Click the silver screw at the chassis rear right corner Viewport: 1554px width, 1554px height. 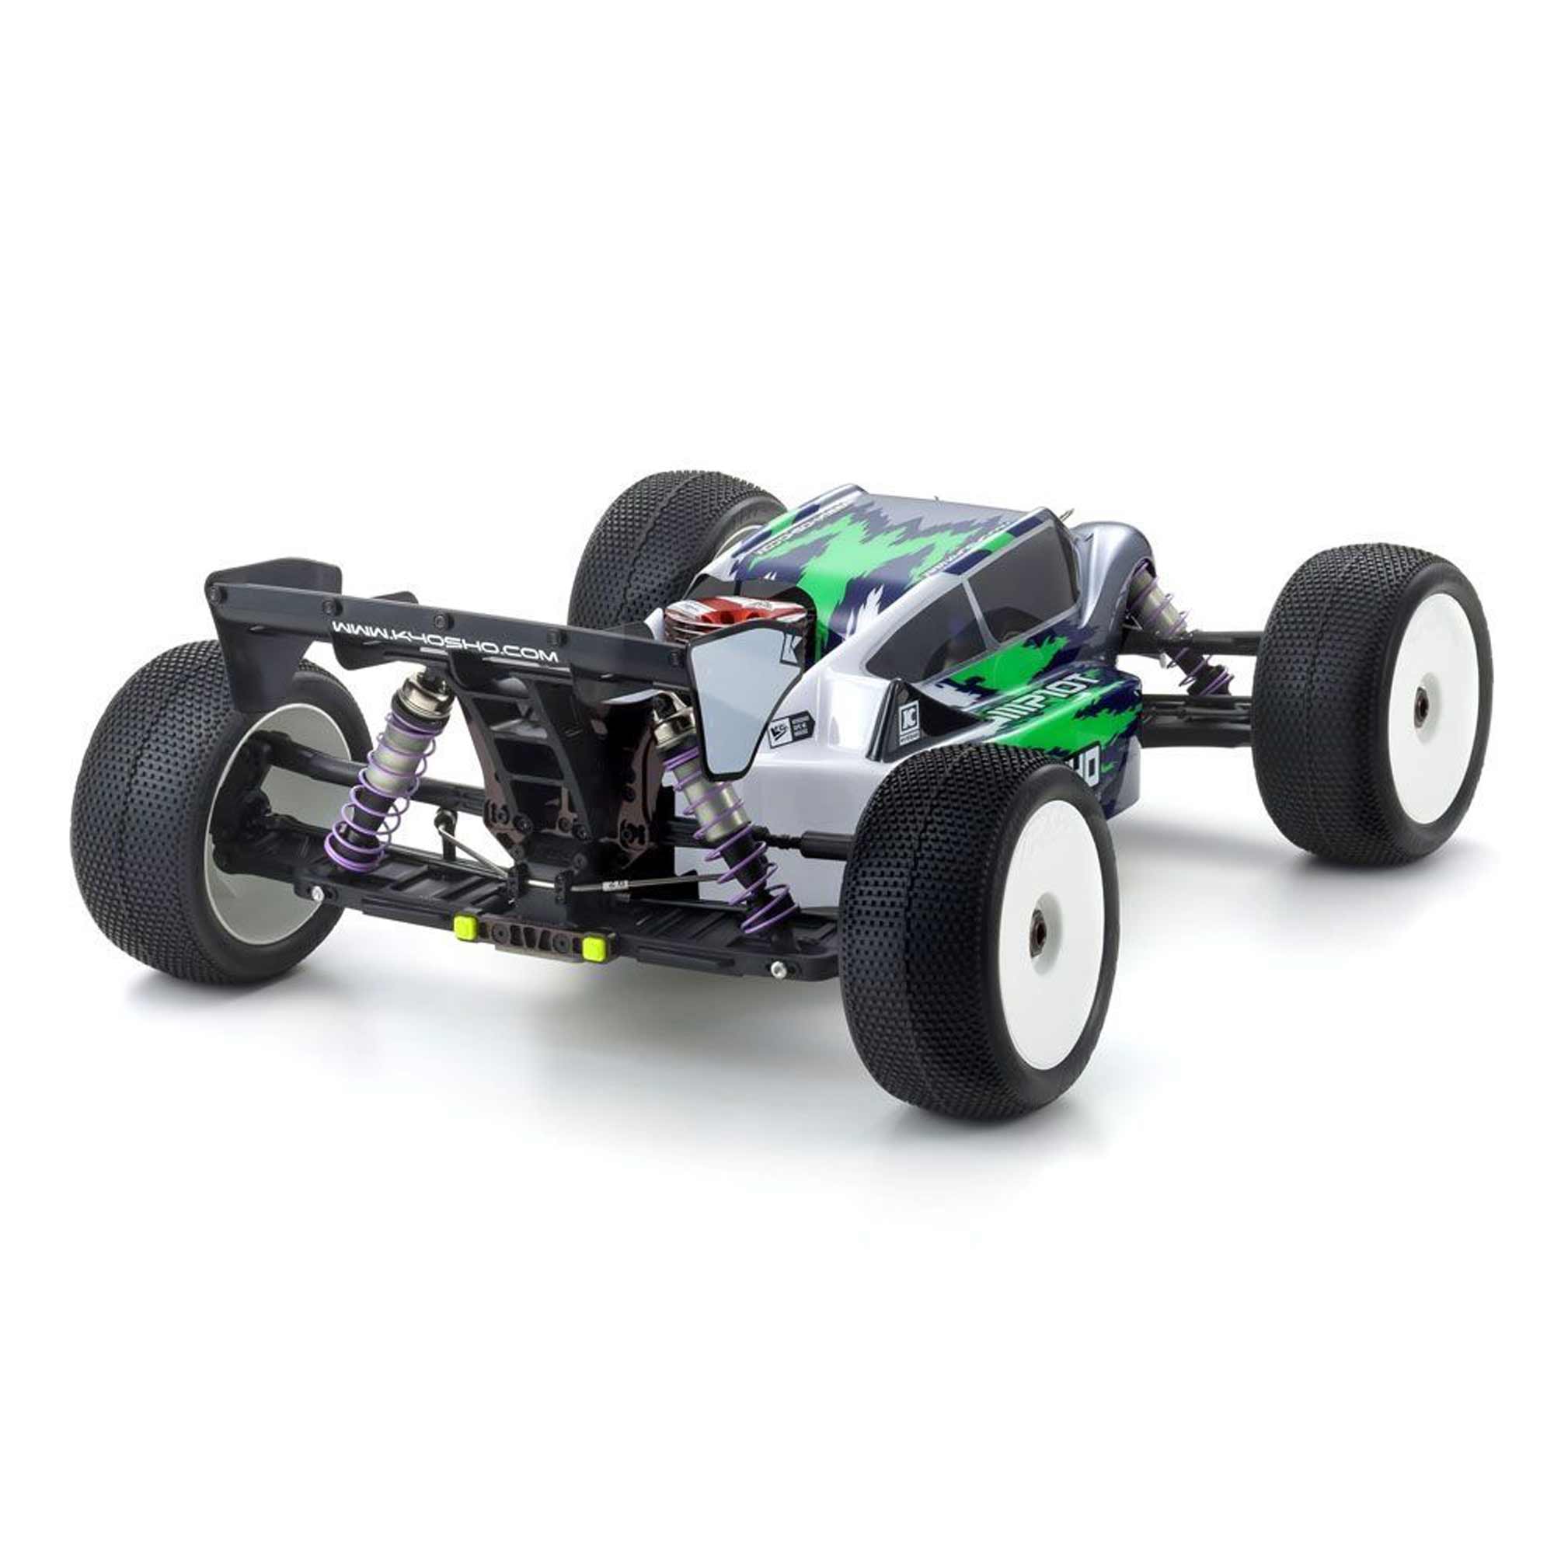(776, 968)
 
